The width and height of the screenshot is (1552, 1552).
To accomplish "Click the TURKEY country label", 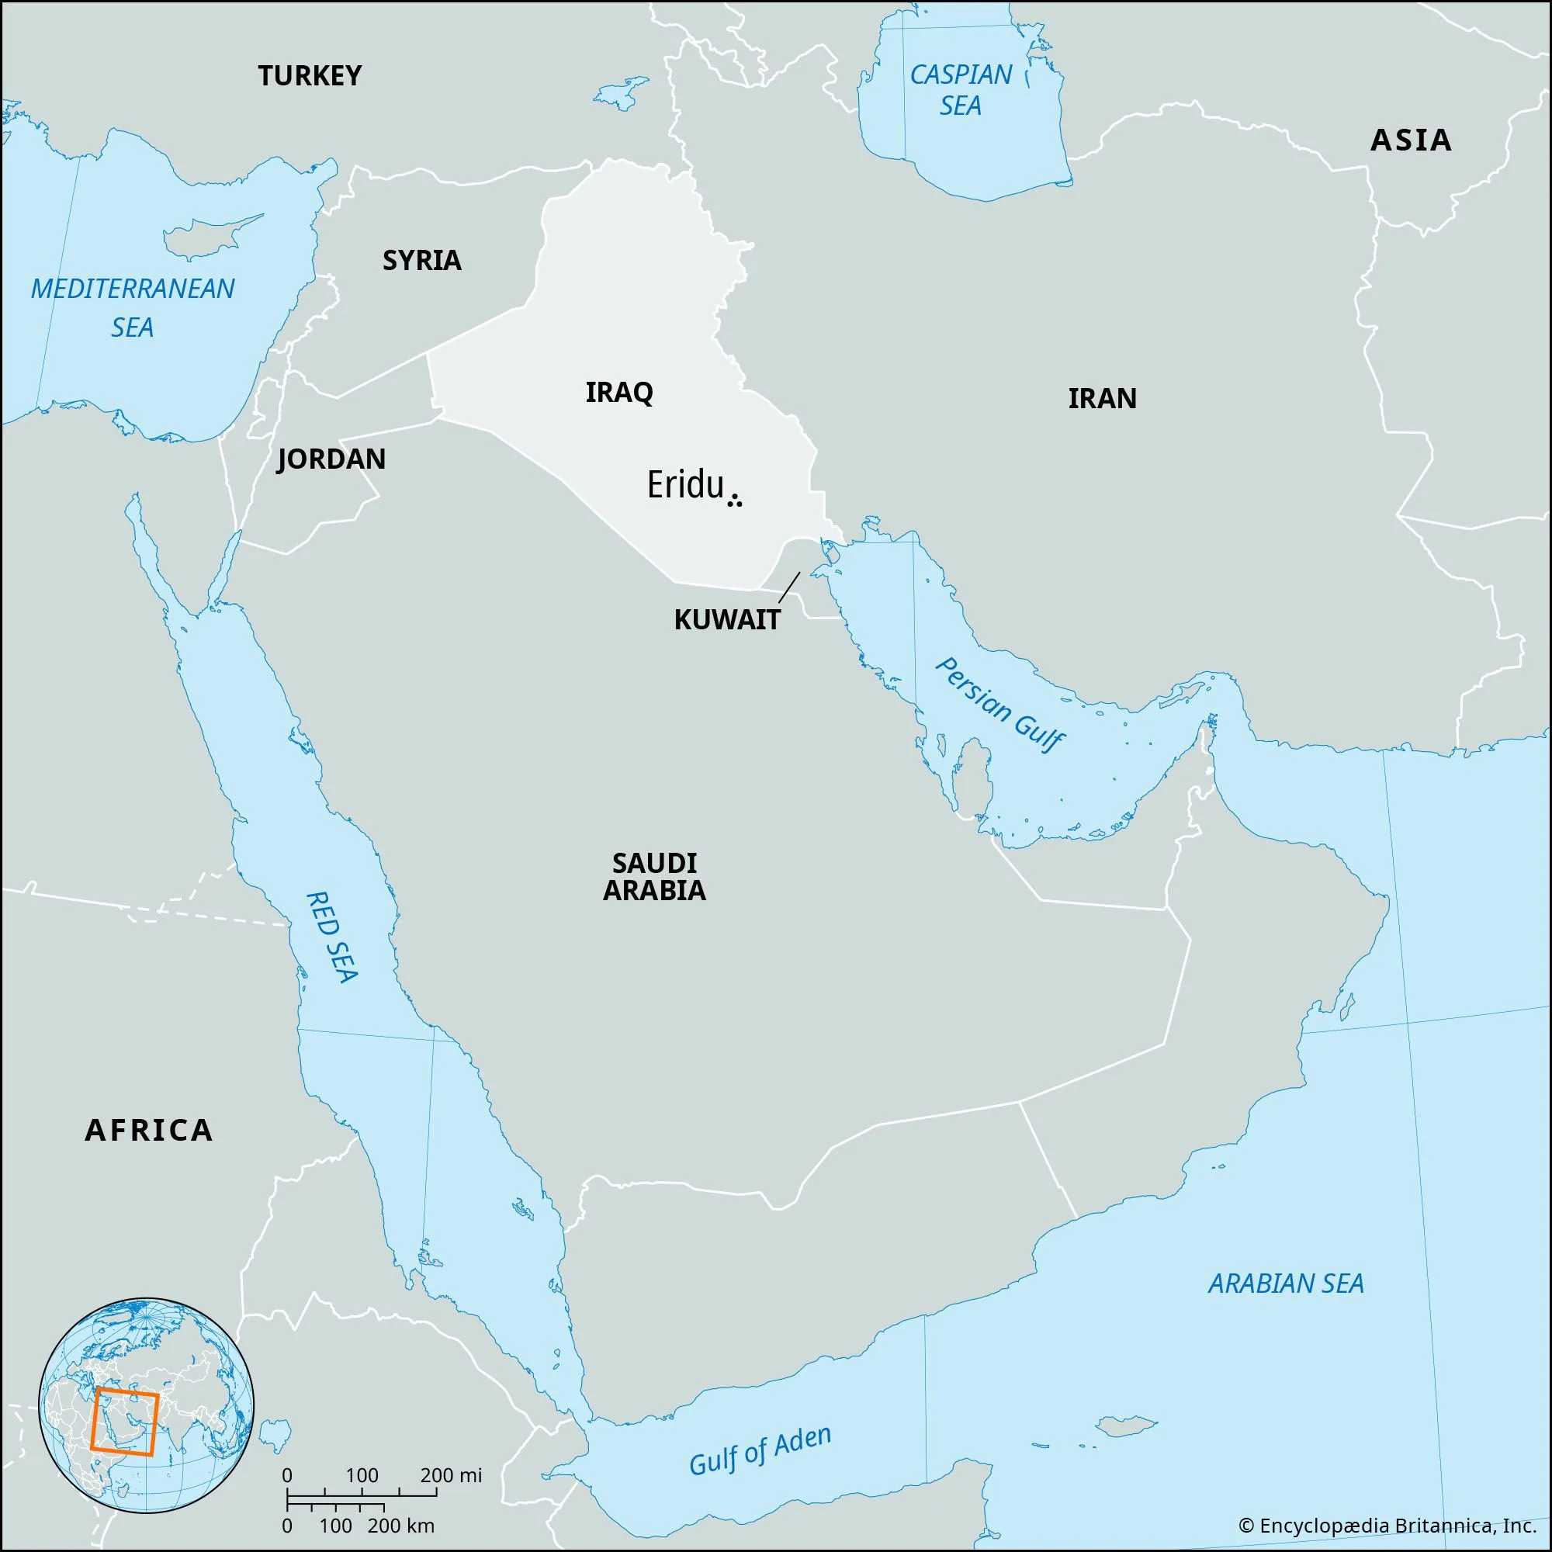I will tap(310, 75).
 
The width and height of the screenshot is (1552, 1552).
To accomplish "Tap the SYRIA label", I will tap(421, 260).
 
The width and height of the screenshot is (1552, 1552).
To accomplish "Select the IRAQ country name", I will tap(618, 393).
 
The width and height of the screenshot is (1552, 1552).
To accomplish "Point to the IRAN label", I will tap(1102, 398).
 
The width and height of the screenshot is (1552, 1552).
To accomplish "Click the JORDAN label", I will tap(331, 459).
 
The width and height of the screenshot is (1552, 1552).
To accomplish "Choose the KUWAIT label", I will tap(727, 620).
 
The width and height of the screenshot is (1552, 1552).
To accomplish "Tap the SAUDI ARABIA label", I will tap(654, 876).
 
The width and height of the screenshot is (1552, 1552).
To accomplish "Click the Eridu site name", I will tap(685, 486).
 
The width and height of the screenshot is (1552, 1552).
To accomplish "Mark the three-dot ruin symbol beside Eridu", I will tap(734, 502).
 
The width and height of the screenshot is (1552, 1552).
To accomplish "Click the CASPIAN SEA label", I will tap(961, 90).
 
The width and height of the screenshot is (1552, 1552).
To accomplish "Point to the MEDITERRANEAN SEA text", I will tap(133, 307).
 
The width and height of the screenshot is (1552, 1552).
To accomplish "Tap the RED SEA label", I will tap(333, 937).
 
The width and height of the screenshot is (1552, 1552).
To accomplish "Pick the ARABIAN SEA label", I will tap(1285, 1284).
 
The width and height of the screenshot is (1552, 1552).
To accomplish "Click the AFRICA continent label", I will tap(150, 1131).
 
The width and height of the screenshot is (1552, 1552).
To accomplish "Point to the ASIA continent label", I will tap(1411, 140).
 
